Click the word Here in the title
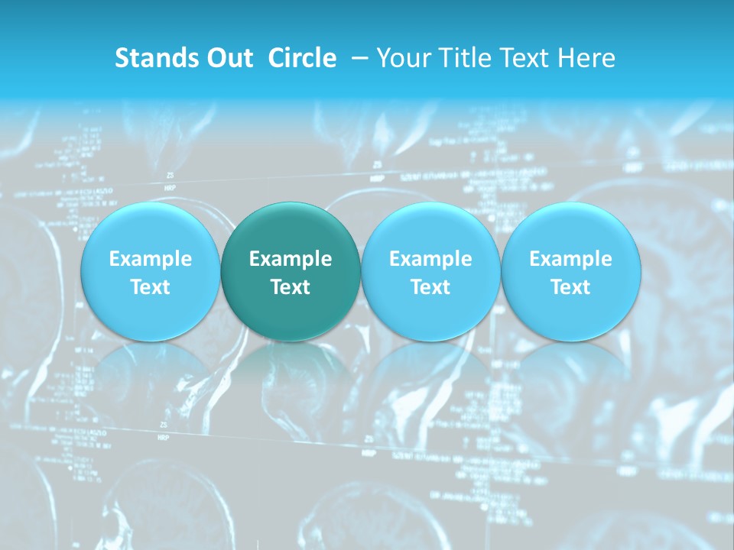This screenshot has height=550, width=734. tap(585, 58)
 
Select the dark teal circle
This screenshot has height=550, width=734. tap(291, 271)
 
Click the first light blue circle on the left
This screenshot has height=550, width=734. tap(150, 271)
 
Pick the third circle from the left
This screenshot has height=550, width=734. tap(430, 271)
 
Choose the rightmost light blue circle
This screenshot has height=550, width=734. tap(570, 271)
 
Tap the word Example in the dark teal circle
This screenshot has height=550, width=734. tap(291, 259)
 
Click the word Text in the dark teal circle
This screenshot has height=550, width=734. tap(291, 287)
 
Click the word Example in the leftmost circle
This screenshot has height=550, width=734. tap(150, 259)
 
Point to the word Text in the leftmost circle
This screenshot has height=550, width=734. tap(150, 287)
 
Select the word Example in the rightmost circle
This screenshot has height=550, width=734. tap(570, 259)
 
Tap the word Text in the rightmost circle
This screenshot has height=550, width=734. tap(570, 287)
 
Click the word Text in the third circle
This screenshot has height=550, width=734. tap(430, 287)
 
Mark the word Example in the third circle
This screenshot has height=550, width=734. tap(430, 259)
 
